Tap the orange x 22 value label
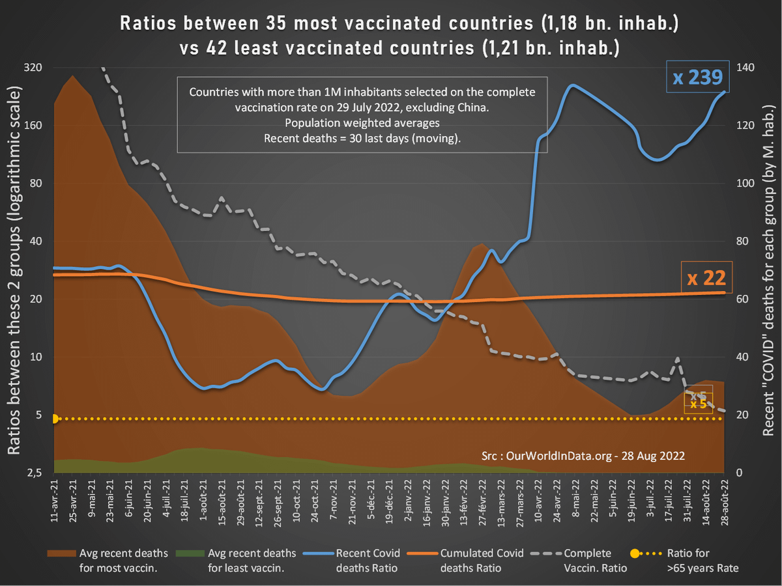tap(706, 279)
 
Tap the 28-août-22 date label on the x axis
tap(725, 502)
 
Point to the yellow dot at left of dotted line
tap(55, 419)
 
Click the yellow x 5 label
tap(698, 404)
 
